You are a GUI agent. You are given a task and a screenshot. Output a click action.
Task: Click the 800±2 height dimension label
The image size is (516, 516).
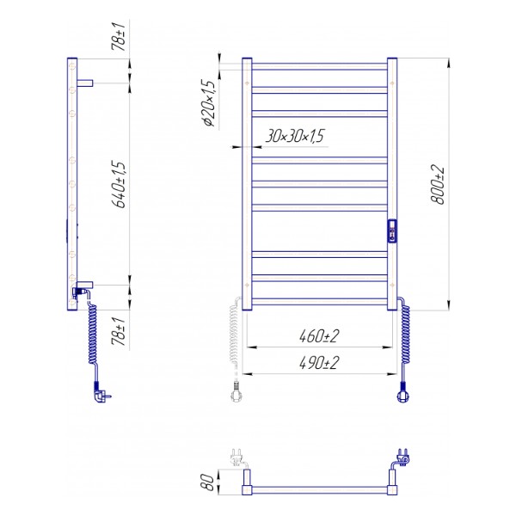(x=438, y=185)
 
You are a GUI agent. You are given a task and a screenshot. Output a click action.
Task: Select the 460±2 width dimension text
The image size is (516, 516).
(x=319, y=336)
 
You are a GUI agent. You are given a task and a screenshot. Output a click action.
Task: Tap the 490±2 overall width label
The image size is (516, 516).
(x=319, y=363)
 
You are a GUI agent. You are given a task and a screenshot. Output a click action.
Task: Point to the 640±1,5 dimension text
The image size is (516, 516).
(x=119, y=185)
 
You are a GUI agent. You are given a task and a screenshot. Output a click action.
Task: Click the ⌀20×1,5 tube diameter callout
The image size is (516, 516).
(x=209, y=103)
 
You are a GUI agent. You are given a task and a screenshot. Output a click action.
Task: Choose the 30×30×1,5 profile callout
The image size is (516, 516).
(x=294, y=136)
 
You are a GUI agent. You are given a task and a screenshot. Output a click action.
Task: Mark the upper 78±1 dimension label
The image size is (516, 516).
(x=119, y=36)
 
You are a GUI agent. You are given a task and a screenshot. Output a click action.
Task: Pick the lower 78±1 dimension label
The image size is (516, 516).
(x=119, y=331)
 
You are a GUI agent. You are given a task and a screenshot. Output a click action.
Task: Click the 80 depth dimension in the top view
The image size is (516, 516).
(x=207, y=482)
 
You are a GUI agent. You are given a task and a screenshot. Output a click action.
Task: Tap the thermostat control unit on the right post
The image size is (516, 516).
(x=391, y=231)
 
